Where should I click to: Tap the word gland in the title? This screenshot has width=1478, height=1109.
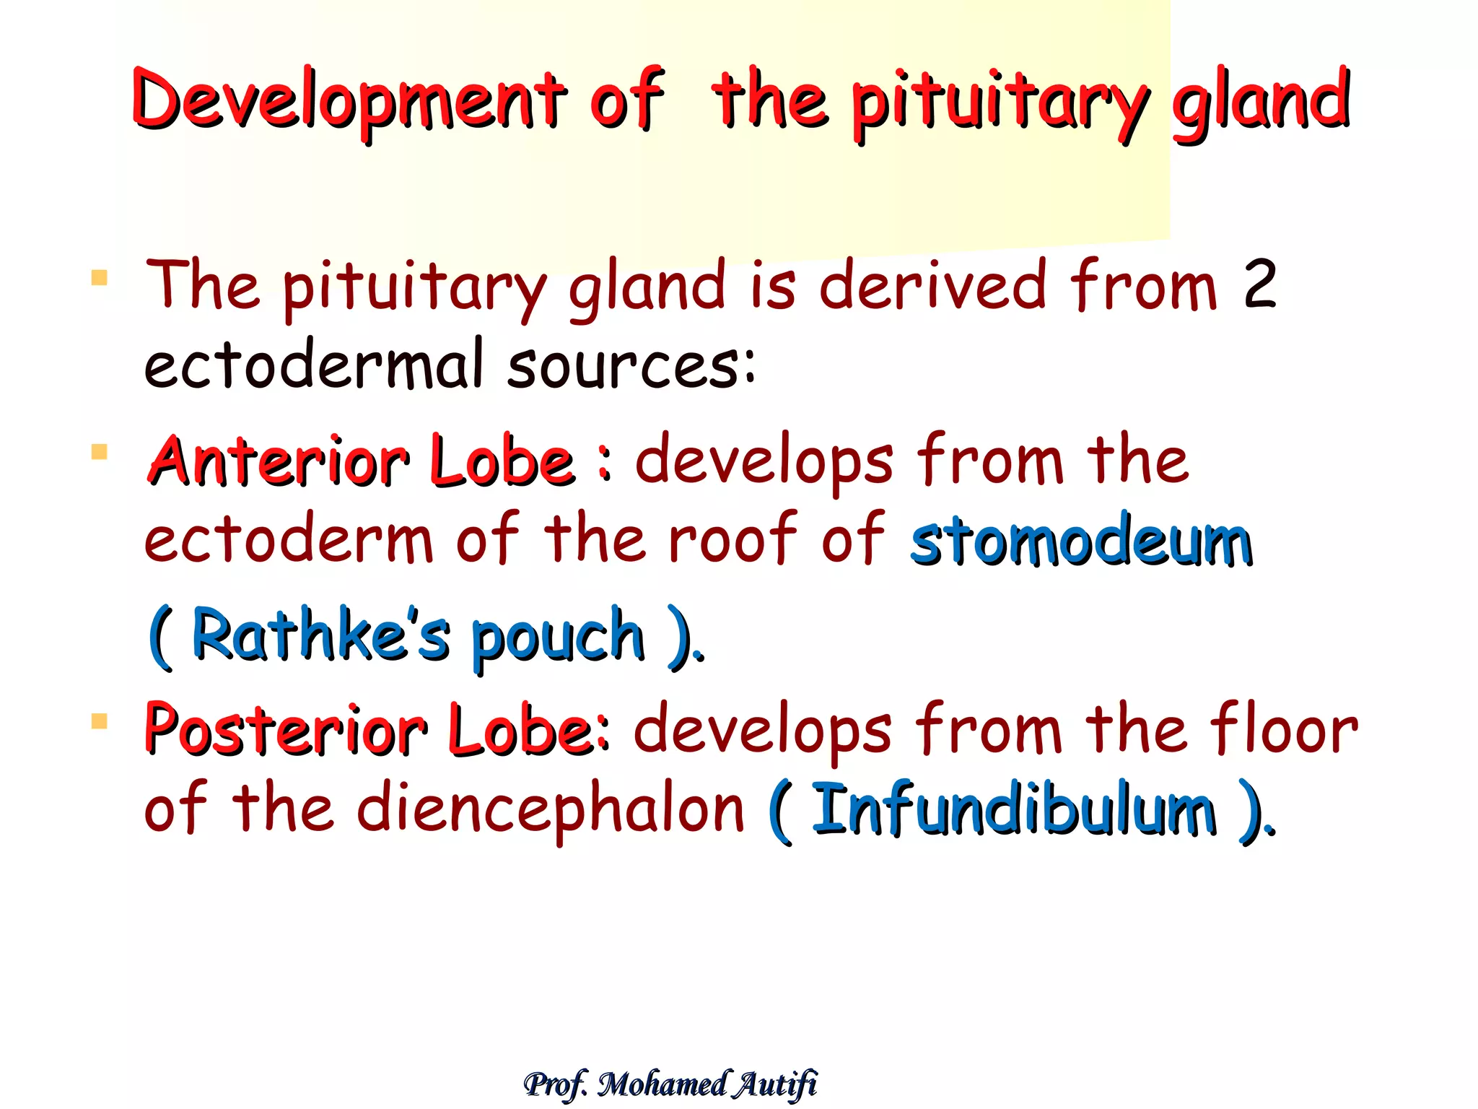(1260, 101)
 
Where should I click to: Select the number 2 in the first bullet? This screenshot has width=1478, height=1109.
(1259, 285)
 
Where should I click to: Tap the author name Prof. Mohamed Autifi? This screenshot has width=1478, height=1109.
(670, 1084)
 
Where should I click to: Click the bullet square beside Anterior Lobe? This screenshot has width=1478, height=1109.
(100, 452)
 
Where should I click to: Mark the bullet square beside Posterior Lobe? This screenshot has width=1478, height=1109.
(100, 721)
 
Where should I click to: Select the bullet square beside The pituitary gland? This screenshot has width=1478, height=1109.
(100, 278)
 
